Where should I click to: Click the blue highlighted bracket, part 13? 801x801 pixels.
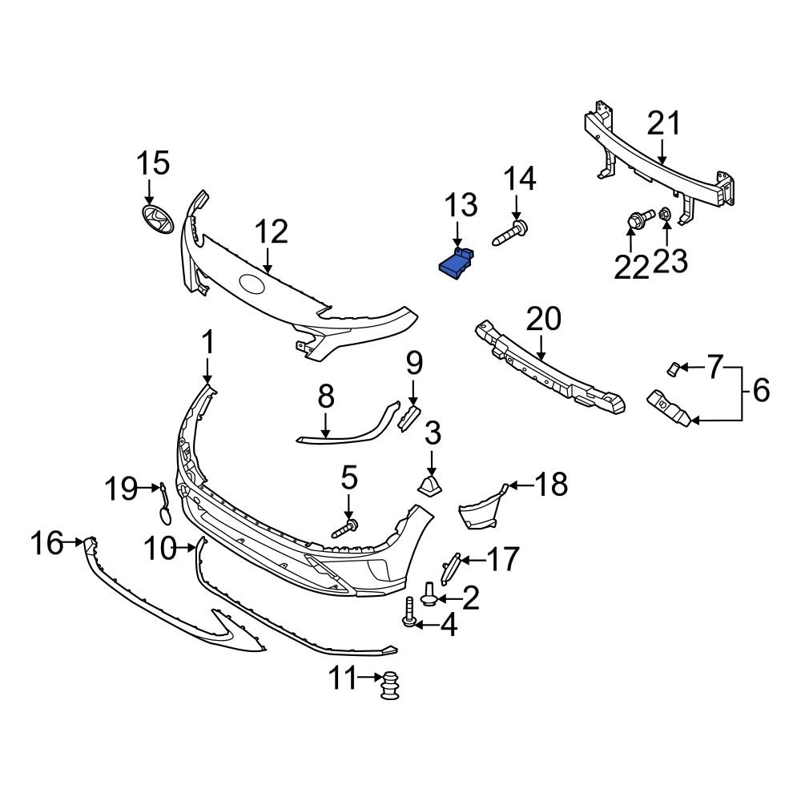455,265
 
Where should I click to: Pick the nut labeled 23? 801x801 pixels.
665,215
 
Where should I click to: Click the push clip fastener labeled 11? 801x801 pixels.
392,687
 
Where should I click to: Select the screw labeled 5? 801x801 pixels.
344,529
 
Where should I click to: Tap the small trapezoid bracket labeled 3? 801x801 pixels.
431,485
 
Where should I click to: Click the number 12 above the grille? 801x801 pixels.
271,231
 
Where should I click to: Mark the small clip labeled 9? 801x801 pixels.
409,417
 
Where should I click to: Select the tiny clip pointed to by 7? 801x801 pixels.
673,368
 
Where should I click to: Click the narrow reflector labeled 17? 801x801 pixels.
450,567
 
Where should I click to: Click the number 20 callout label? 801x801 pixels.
545,321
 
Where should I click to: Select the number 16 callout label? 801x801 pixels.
47,543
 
